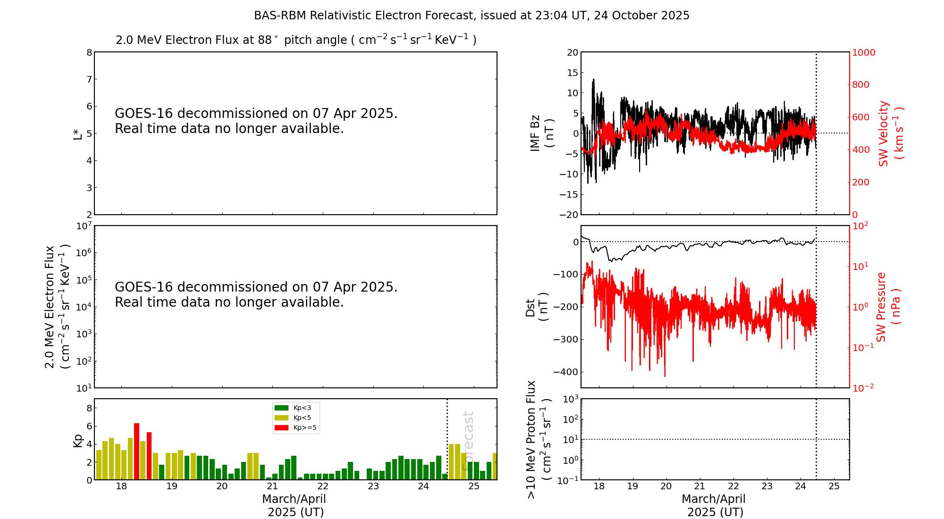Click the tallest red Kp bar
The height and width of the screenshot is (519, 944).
tap(136, 451)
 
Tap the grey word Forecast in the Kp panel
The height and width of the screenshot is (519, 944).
tap(468, 441)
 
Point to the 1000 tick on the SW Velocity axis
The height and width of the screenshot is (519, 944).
tap(863, 52)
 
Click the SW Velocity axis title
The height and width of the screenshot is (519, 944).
tap(890, 134)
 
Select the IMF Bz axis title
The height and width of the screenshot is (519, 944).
tap(541, 133)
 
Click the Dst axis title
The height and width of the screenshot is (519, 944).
tap(537, 307)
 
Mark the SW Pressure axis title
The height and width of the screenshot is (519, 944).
tap(888, 307)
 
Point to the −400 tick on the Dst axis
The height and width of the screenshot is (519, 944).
tap(566, 372)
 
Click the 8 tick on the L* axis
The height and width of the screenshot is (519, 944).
tap(89, 52)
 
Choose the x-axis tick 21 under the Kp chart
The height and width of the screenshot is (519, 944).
tap(272, 486)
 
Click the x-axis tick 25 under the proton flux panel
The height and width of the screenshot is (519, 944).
tap(834, 486)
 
